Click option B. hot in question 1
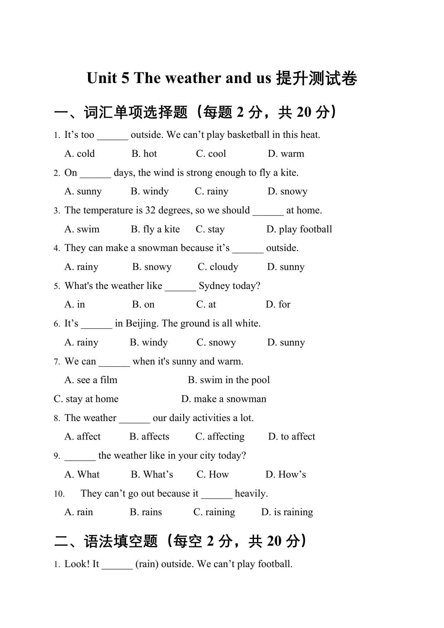coord(144,154)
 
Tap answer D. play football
coord(299,229)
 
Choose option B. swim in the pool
coord(229,380)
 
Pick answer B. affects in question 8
coord(149,436)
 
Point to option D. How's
coord(286,474)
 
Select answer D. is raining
coord(287,512)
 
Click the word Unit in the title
coord(103,78)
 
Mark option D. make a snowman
coord(224,399)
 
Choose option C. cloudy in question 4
coord(218,267)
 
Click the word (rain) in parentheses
coord(147,564)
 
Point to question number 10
coord(59,494)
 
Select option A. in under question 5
coord(75,304)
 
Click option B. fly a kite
coord(155,229)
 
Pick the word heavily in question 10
coord(251,493)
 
